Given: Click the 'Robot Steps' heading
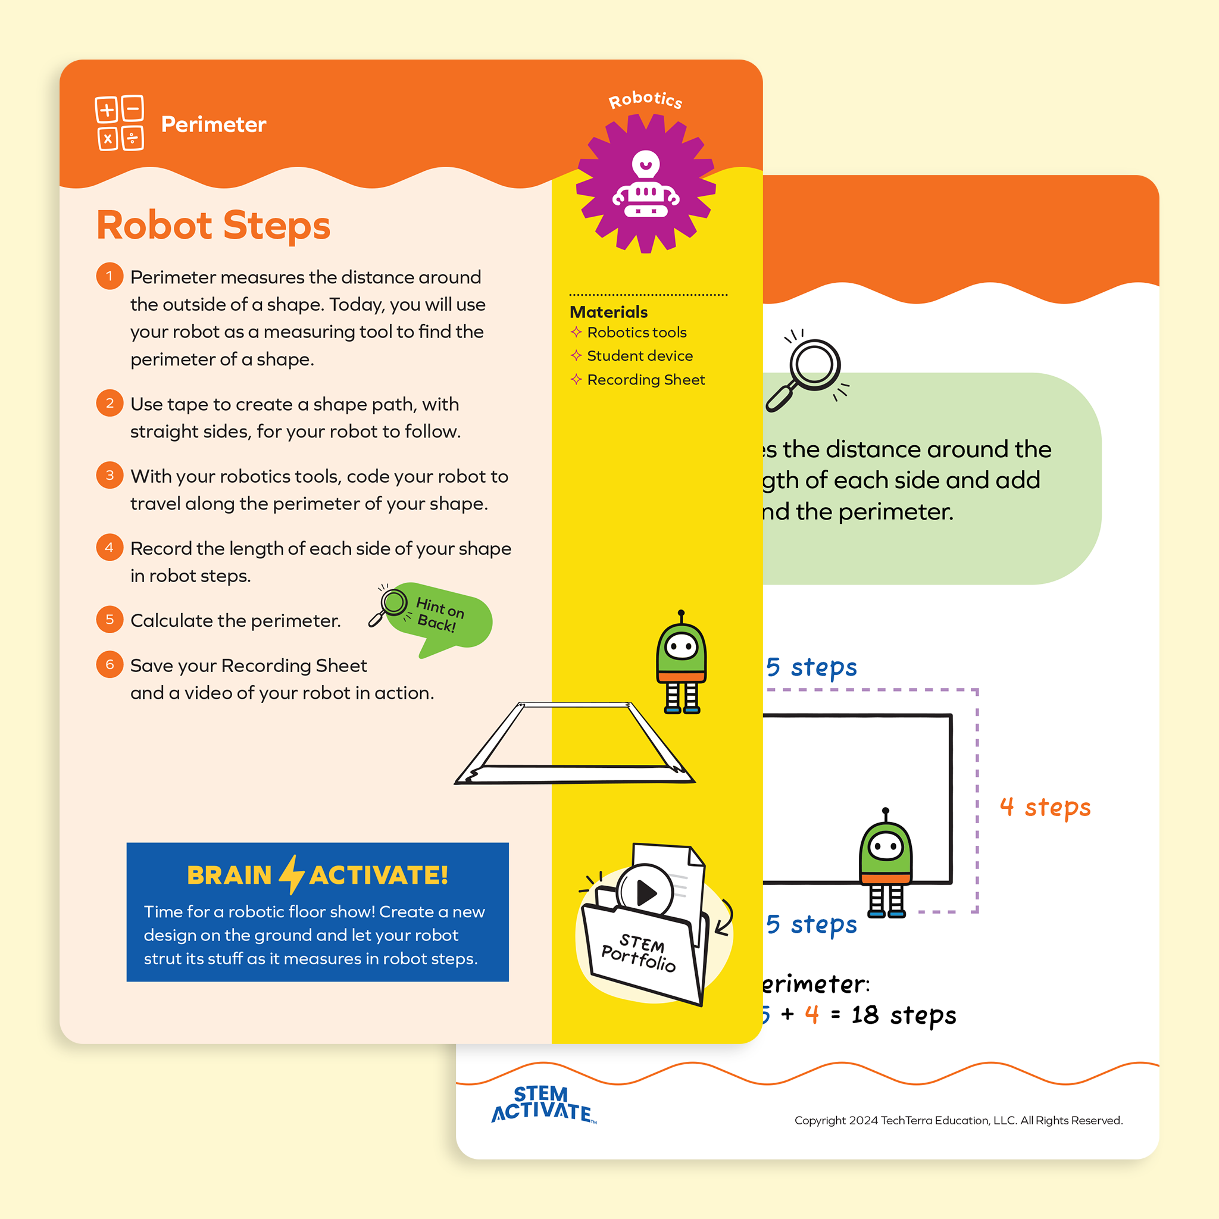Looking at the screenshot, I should coord(213,226).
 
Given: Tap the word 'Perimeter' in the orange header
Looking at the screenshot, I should coord(213,124).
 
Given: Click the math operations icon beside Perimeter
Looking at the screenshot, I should coord(119,123).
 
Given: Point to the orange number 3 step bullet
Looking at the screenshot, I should coord(110,475).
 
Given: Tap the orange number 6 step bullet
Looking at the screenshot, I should coord(110,664).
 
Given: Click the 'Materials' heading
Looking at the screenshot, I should coord(608,312).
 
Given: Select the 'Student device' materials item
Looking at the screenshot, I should coord(639,356).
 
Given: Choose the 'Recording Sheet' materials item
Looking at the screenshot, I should coord(645,380).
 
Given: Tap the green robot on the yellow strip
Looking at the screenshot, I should coord(681,662).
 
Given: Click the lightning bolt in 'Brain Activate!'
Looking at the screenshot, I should coord(292,874).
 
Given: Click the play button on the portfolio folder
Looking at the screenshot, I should coord(645,892).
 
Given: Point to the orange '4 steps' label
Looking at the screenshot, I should coord(1045,807).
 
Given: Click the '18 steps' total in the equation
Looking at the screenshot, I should coord(903,1015).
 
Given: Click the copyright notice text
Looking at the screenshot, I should coord(958,1121).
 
